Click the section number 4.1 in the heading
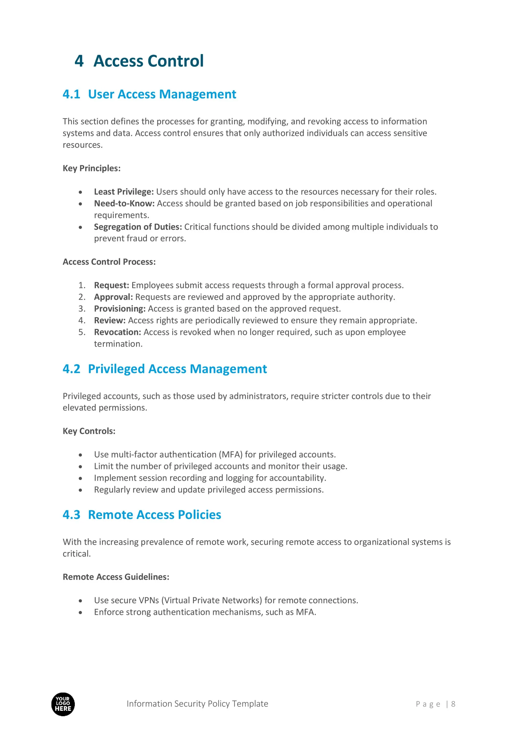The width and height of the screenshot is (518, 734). click(71, 94)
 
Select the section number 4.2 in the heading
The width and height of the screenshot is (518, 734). click(71, 369)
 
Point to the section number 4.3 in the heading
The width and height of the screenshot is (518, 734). click(71, 515)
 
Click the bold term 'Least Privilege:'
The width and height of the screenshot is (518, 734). click(124, 192)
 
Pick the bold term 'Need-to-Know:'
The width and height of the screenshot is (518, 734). click(124, 204)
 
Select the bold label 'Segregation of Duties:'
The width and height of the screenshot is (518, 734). click(138, 227)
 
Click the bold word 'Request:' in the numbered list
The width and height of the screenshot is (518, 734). click(111, 286)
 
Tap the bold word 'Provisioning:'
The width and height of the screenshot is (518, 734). click(120, 309)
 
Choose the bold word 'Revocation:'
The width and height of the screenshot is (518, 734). click(117, 332)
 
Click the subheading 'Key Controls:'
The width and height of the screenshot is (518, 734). click(89, 431)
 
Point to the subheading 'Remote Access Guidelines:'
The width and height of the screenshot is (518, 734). click(116, 577)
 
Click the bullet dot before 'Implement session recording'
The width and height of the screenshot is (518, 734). click(80, 478)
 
